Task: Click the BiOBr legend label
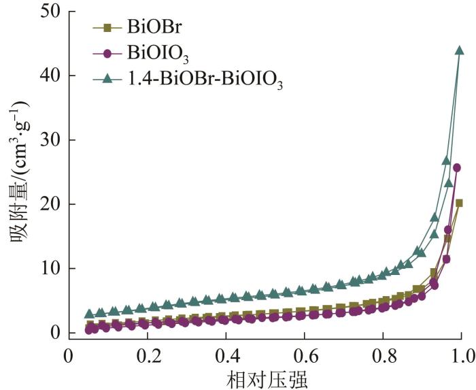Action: pos(149,28)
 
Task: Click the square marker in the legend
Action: pos(107,28)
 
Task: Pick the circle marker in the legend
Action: pos(107,53)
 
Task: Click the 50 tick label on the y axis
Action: pos(48,12)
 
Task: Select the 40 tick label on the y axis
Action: pos(48,76)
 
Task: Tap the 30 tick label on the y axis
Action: pos(48,140)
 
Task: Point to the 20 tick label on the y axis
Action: pos(48,204)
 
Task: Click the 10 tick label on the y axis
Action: pos(48,268)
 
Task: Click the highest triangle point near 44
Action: pos(459,50)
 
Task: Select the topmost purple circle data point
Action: pos(457,167)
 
